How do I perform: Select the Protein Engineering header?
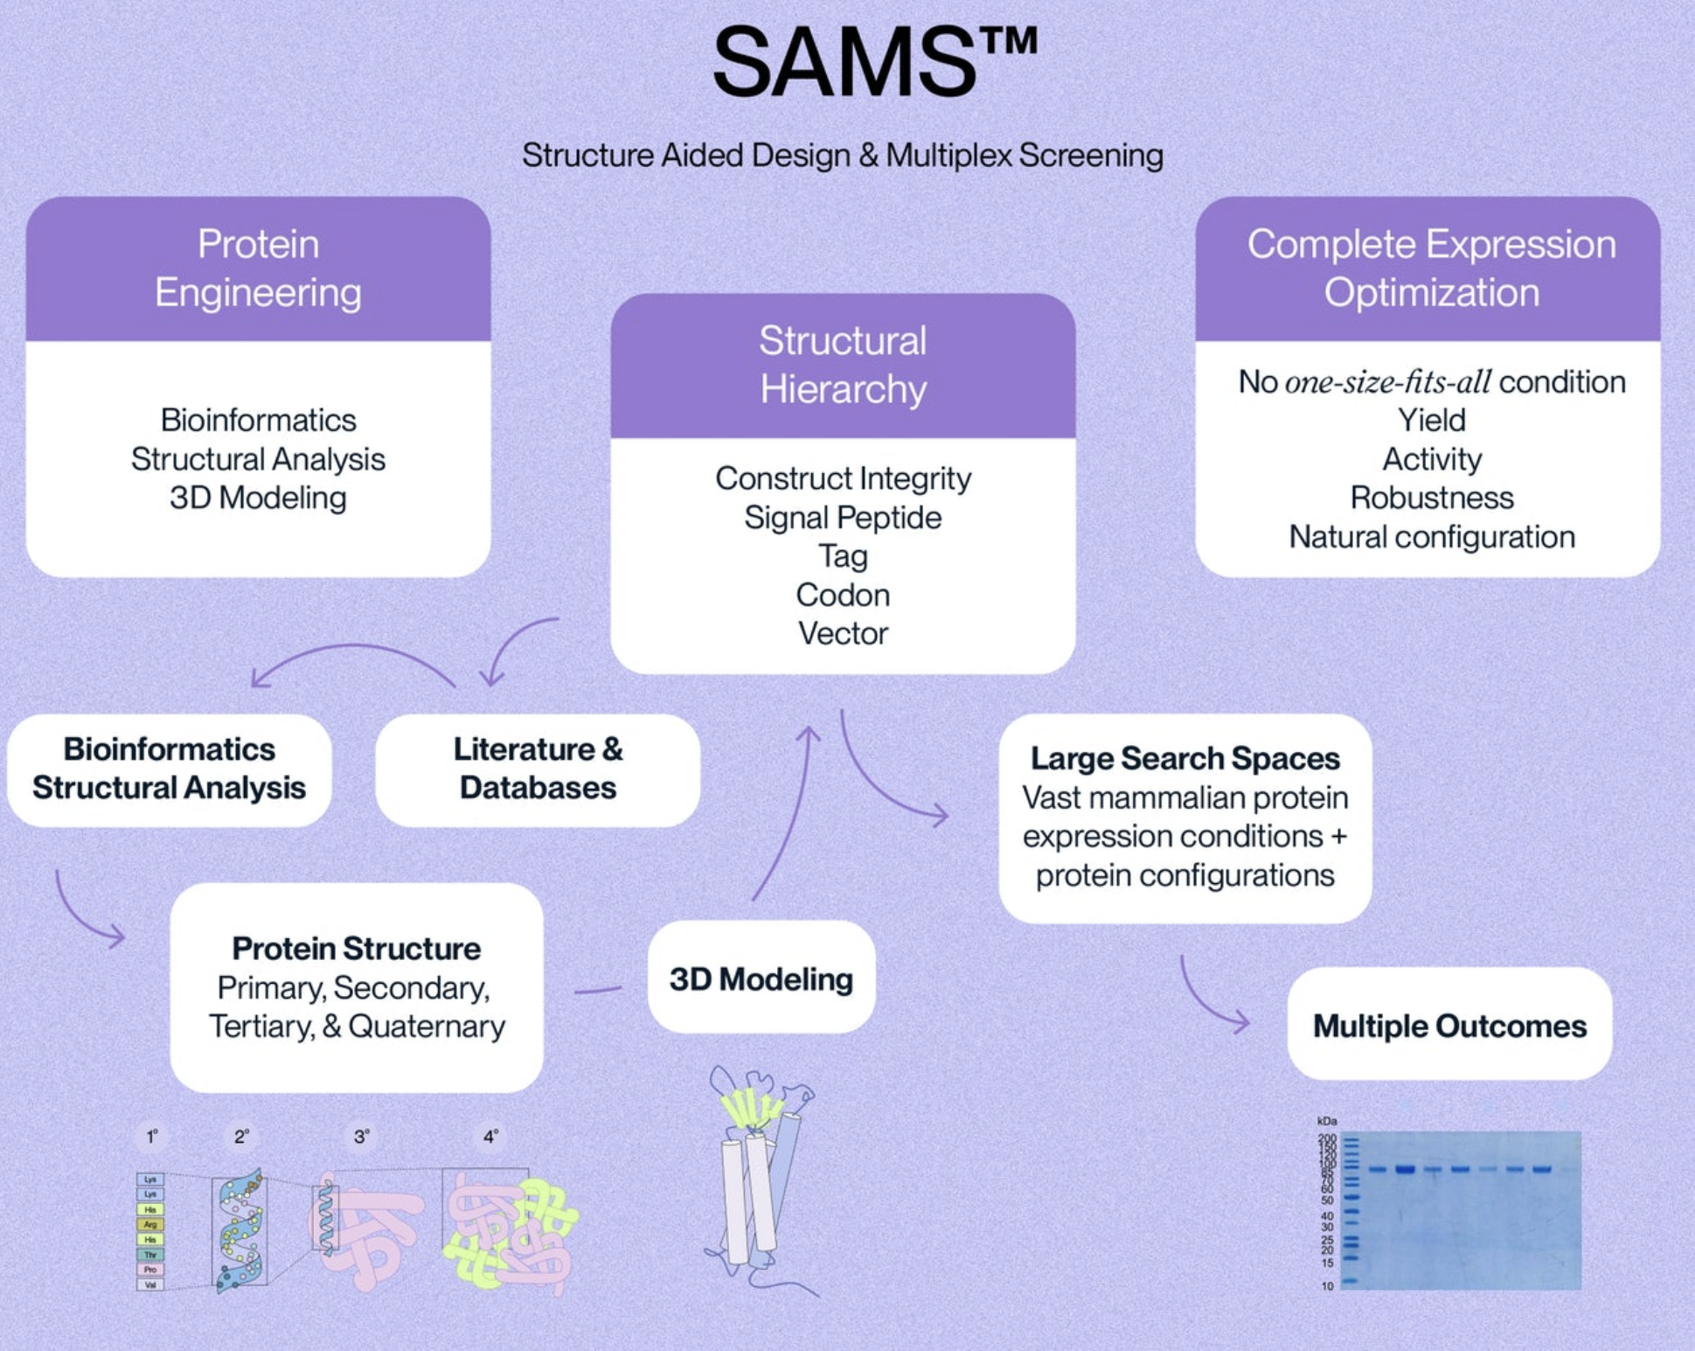(x=258, y=268)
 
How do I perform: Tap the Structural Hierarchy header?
(x=843, y=365)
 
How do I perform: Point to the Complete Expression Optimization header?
(x=1431, y=268)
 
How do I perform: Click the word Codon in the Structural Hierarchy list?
(x=843, y=595)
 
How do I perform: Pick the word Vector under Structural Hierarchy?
(x=843, y=633)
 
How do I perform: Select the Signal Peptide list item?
(x=843, y=518)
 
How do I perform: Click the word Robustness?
(x=1431, y=498)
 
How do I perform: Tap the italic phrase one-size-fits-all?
(x=1387, y=382)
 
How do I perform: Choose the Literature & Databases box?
(x=538, y=769)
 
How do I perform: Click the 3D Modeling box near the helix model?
(x=761, y=978)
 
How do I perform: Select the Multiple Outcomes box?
(x=1448, y=1026)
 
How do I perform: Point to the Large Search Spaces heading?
(x=1184, y=758)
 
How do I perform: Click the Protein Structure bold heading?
(x=356, y=948)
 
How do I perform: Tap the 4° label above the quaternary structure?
(x=490, y=1137)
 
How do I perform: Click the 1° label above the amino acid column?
(x=152, y=1137)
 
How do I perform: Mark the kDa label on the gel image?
(x=1326, y=1121)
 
